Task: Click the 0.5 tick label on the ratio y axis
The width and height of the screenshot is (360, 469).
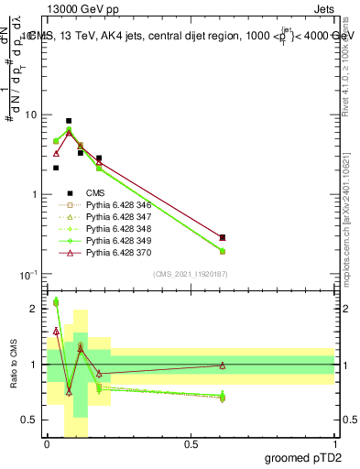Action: [x=31, y=420]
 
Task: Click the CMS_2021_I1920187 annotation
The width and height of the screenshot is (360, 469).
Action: [x=191, y=274]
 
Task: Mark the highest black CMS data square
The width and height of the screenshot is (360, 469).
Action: [x=69, y=121]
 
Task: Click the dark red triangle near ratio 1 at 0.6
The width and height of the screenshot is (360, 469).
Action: [x=223, y=365]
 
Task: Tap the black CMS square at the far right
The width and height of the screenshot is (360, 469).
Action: [x=223, y=237]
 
